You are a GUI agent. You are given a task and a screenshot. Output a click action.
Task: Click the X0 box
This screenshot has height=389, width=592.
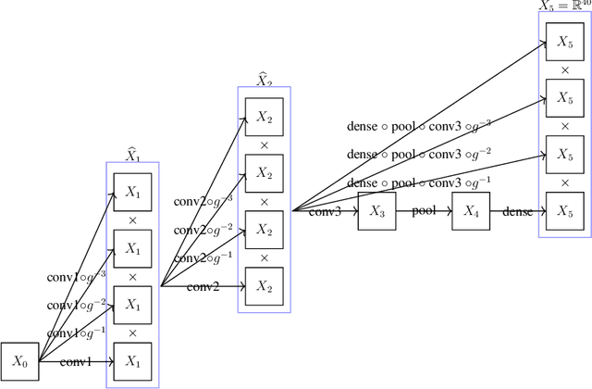click(18, 360)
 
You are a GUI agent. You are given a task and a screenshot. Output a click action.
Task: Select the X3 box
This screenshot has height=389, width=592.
click(376, 212)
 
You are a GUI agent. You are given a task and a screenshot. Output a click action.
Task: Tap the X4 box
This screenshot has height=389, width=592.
click(471, 212)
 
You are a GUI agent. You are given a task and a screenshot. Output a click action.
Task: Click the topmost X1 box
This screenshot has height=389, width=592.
click(132, 193)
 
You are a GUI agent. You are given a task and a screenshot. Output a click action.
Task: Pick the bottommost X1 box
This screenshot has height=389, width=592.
click(132, 360)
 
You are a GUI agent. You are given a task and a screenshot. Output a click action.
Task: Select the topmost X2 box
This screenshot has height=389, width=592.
click(265, 118)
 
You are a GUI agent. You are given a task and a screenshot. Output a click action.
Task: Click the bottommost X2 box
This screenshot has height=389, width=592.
click(265, 285)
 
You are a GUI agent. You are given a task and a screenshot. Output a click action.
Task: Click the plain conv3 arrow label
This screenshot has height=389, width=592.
click(325, 212)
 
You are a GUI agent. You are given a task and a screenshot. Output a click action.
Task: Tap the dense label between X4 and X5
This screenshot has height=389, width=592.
click(517, 212)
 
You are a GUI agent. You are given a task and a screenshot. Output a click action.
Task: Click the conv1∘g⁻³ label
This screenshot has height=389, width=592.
click(77, 275)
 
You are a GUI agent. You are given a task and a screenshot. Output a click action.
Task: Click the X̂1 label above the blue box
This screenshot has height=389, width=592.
click(132, 155)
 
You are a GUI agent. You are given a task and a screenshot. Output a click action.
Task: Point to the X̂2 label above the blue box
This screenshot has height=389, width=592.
click(265, 80)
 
